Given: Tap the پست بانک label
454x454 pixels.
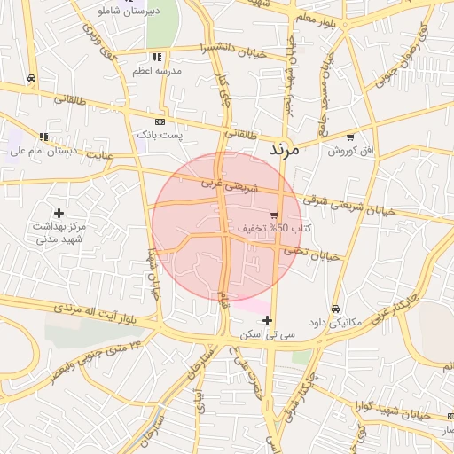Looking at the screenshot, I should point(159,135).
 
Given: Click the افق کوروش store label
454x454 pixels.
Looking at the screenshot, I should point(352,151).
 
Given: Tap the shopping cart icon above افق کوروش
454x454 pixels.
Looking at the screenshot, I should point(351,137).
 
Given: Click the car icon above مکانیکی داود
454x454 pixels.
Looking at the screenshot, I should point(334,309).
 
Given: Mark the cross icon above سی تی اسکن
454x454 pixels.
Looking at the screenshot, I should point(268,320).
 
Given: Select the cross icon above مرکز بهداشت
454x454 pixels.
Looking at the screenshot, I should point(59,213).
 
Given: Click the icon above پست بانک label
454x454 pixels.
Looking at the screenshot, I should point(160,121).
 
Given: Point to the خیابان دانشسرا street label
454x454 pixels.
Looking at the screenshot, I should point(231,44).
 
